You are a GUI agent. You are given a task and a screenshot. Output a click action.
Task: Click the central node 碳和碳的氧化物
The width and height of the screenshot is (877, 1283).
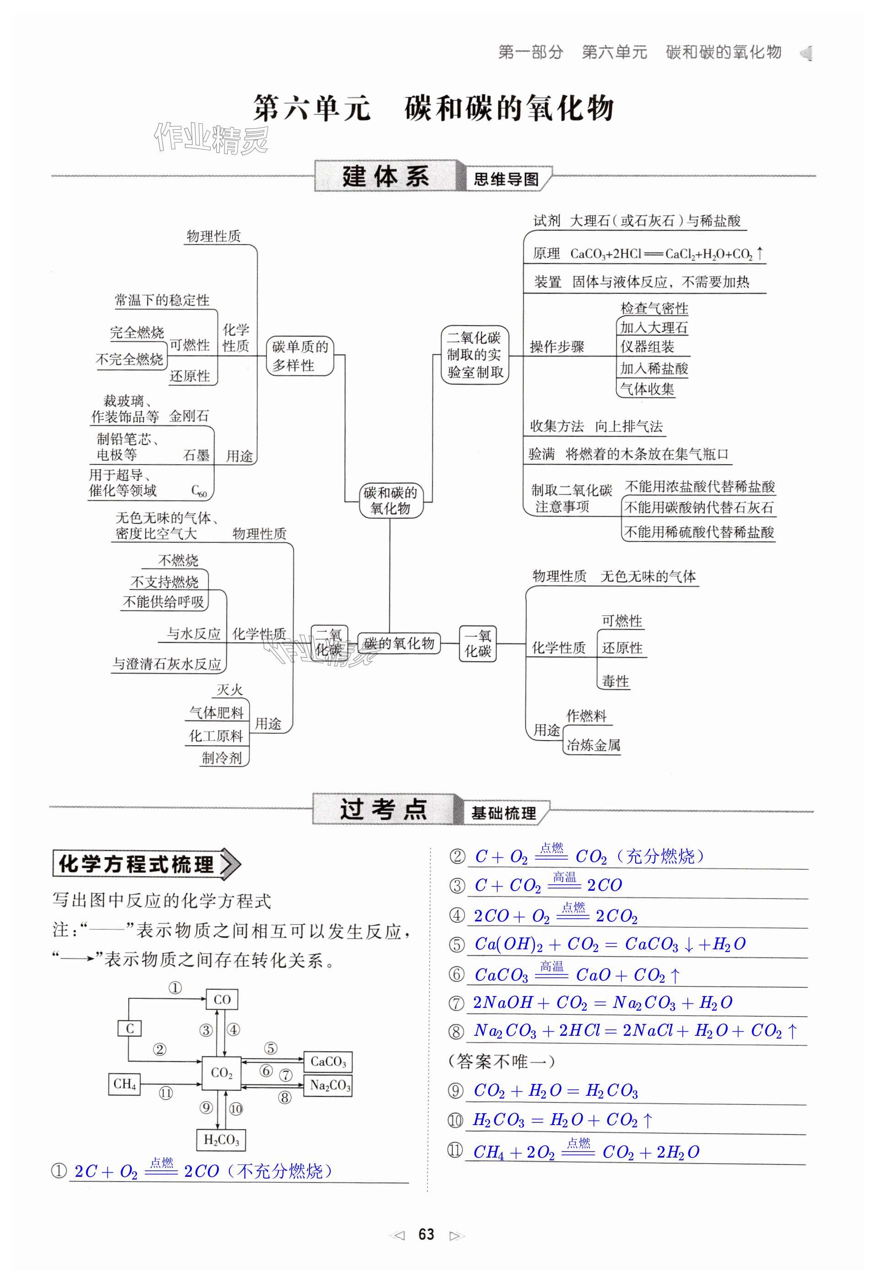[x=391, y=500]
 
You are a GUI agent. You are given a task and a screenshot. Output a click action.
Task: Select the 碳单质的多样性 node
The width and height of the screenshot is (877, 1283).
[x=300, y=356]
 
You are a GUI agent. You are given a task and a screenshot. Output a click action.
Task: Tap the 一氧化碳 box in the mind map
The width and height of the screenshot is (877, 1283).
[x=478, y=643]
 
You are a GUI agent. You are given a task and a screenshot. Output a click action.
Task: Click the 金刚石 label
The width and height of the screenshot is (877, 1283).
[x=189, y=416]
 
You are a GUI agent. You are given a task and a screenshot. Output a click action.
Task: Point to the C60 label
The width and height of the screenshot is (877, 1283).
[x=199, y=491]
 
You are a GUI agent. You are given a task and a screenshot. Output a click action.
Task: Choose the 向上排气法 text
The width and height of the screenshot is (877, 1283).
[x=628, y=426]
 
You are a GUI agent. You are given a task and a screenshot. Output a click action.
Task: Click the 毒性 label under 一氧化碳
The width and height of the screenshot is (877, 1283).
[x=615, y=681]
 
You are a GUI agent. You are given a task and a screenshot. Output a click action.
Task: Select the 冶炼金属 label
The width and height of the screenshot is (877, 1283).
[x=593, y=745]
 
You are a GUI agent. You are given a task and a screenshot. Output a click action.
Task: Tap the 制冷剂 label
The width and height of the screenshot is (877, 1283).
[x=222, y=758]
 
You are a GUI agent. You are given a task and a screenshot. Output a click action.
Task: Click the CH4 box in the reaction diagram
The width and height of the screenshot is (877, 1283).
[x=124, y=1084]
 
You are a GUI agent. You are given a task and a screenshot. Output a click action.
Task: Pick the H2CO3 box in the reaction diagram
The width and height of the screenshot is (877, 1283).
[x=221, y=1140]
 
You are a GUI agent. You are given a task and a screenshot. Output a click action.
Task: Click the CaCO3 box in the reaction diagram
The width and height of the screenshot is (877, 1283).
[x=328, y=1061]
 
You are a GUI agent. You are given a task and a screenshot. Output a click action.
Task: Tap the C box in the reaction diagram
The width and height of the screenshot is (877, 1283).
[x=130, y=1028]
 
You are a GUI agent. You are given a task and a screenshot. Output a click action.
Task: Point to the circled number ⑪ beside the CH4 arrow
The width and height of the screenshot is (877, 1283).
[x=166, y=1093]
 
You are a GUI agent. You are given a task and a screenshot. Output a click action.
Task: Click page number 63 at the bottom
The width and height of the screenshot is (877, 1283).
[x=426, y=1234]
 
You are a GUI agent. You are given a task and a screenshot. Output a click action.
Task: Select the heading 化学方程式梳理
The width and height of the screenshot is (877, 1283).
[x=136, y=864]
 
